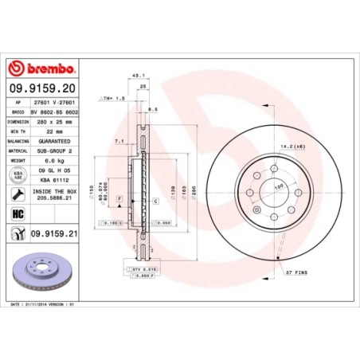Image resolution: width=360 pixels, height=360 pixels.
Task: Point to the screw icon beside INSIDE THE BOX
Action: click(16, 194)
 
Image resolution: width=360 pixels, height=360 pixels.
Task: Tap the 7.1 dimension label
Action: click(119, 140)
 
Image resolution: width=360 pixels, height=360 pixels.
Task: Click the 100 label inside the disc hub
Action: click(280, 186)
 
